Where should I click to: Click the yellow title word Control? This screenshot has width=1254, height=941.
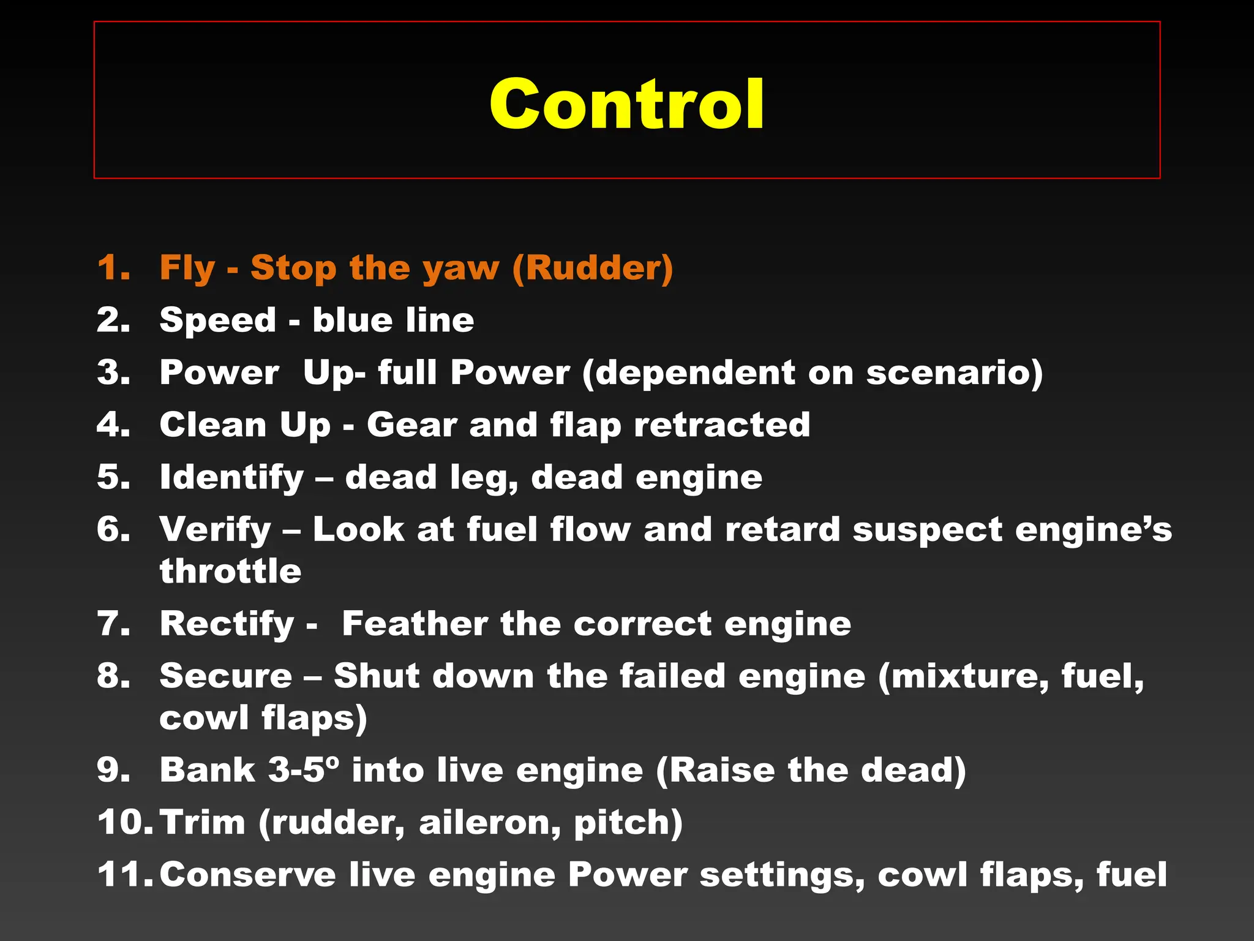(x=626, y=104)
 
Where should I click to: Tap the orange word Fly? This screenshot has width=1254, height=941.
(x=187, y=268)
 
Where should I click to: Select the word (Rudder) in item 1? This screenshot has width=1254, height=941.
(x=592, y=268)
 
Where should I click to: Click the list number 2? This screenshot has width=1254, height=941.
(x=113, y=320)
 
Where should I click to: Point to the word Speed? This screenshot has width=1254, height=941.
(x=217, y=321)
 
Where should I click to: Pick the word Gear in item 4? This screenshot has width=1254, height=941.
(x=411, y=425)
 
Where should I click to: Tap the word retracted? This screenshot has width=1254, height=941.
(x=722, y=425)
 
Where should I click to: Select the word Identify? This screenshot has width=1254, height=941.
(x=231, y=478)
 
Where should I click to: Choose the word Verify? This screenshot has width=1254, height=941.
(x=215, y=530)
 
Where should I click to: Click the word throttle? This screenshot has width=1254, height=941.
(x=230, y=571)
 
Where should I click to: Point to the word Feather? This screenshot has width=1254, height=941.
(x=415, y=624)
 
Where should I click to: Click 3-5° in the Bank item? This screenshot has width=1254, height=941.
(x=304, y=770)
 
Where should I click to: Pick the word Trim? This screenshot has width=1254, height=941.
(x=203, y=822)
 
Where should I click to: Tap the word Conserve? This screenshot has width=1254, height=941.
(x=247, y=874)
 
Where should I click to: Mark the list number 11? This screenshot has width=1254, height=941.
(x=124, y=874)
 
